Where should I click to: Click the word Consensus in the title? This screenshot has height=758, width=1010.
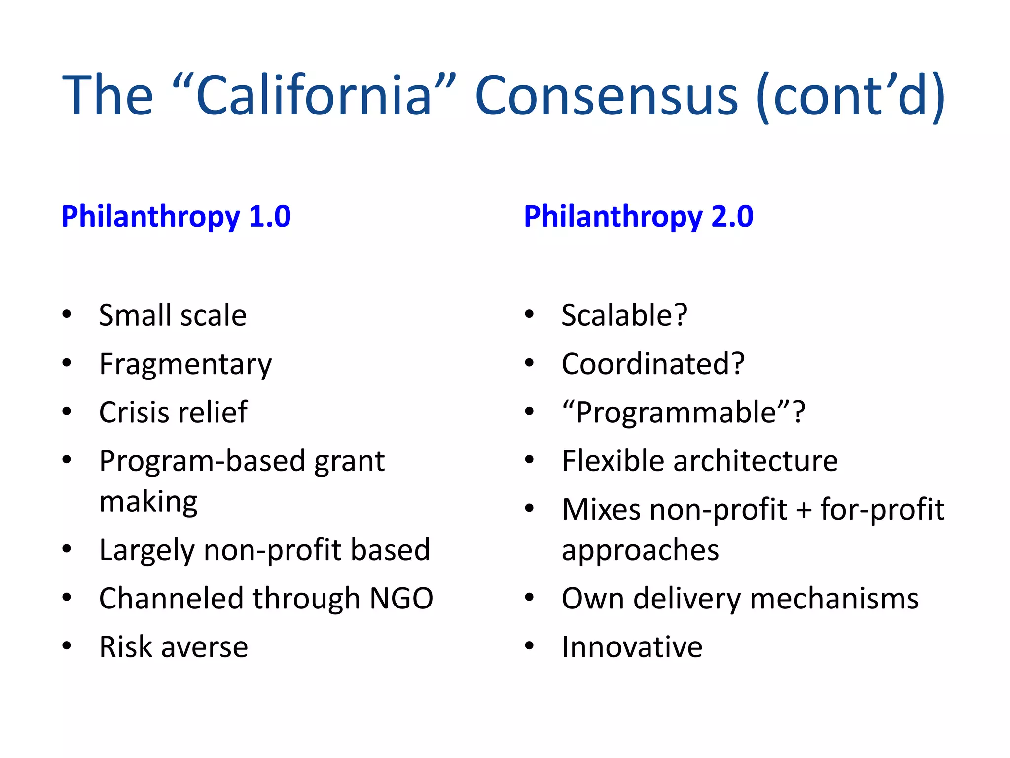pyautogui.click(x=606, y=95)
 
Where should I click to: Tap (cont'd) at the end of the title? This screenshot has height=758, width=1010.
pyautogui.click(x=850, y=95)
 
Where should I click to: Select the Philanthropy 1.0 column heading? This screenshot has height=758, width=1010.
pyautogui.click(x=176, y=216)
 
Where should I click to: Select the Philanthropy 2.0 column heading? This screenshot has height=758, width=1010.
pyautogui.click(x=638, y=216)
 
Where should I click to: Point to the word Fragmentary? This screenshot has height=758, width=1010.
pyautogui.click(x=185, y=364)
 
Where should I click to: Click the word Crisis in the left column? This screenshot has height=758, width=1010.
pyautogui.click(x=130, y=412)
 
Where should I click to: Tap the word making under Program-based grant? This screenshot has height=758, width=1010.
pyautogui.click(x=148, y=501)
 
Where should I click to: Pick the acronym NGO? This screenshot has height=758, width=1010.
pyautogui.click(x=401, y=598)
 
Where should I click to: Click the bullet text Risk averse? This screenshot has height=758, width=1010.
pyautogui.click(x=174, y=646)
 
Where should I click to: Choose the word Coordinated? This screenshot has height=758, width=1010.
pyautogui.click(x=653, y=364)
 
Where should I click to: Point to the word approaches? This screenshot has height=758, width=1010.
pyautogui.click(x=640, y=550)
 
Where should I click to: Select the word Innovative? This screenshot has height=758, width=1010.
pyautogui.click(x=632, y=646)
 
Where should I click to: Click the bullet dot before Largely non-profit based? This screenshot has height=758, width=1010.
pyautogui.click(x=67, y=549)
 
